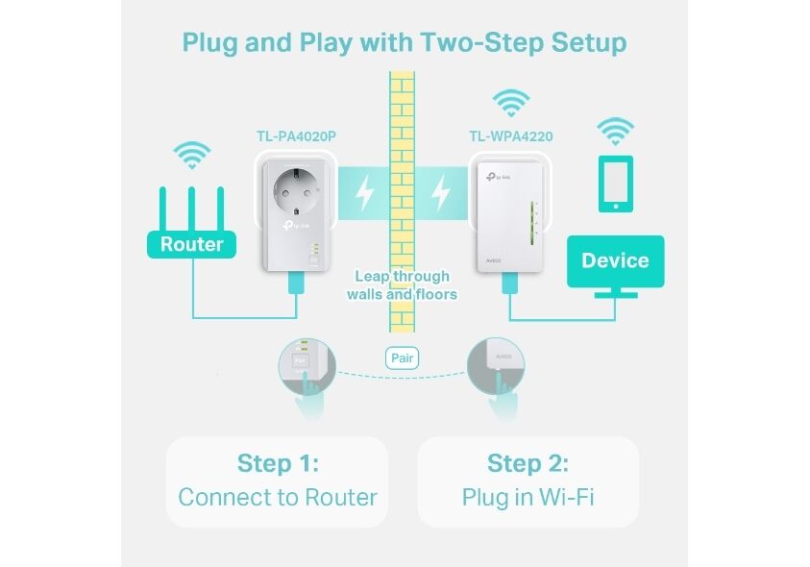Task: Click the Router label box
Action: point(191,244)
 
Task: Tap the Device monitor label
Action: point(615,261)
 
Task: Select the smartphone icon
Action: point(615,184)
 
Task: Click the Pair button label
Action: point(402,358)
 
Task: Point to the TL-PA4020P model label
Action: point(297,136)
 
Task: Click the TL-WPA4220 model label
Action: point(511,136)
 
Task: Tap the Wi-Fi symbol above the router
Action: point(191,155)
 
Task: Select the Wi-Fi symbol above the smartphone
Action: point(615,132)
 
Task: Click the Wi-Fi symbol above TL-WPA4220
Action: point(511,103)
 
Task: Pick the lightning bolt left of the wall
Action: point(365,193)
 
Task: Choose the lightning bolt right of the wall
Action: point(441,193)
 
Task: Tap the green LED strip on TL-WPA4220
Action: point(532,224)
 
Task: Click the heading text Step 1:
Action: point(278,463)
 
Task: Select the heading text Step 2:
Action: point(528,463)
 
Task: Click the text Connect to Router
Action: point(278,497)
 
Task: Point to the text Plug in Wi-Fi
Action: point(528,497)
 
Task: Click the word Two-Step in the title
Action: point(482,42)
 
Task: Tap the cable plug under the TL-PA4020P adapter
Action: point(296,283)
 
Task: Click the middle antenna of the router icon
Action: point(191,209)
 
